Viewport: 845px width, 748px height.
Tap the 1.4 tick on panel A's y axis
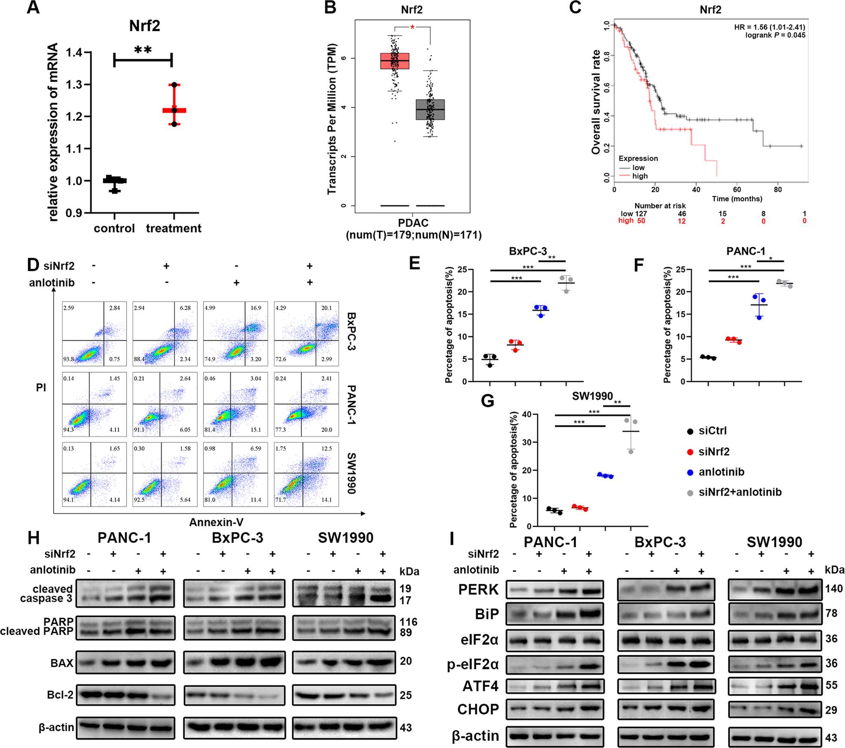coord(74,53)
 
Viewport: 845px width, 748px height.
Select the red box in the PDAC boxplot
coord(395,61)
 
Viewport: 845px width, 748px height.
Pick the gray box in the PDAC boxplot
coord(430,109)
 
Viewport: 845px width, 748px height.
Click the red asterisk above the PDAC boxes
coord(412,28)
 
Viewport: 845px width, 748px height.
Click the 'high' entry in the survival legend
coord(640,176)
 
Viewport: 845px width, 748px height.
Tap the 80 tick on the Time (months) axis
coord(778,190)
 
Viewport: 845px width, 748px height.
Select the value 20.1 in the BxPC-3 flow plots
coord(326,308)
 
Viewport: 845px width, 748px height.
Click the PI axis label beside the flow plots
coord(41,388)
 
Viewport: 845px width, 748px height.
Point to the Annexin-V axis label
coord(216,522)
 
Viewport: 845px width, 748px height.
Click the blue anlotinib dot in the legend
coord(690,472)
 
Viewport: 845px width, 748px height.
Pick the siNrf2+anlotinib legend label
coord(740,492)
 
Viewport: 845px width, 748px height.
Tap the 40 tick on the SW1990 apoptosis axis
coord(527,415)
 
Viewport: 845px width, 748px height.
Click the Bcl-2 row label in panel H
coord(60,695)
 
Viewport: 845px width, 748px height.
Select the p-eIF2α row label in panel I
coord(472,664)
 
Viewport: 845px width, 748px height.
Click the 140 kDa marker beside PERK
coord(833,589)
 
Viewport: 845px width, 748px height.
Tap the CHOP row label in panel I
coord(478,709)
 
